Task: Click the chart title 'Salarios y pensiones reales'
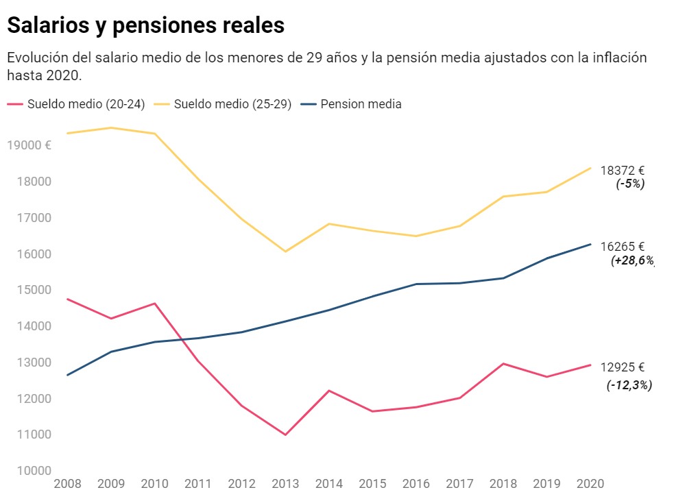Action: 145,25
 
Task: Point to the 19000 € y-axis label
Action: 28,145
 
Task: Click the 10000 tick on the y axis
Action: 29,471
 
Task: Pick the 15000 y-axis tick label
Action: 29,290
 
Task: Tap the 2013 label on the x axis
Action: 286,483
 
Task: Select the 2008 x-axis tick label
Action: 67,483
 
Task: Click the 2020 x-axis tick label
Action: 590,483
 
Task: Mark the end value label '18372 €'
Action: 623,171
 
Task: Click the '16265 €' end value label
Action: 623,247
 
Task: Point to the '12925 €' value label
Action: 623,367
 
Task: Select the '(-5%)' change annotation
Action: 630,184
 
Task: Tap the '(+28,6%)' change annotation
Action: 632,260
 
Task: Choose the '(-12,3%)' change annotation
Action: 629,385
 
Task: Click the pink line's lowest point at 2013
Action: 285,434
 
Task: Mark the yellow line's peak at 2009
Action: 111,127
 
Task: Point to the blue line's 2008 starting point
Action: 67,375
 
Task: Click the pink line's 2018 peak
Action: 503,364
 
